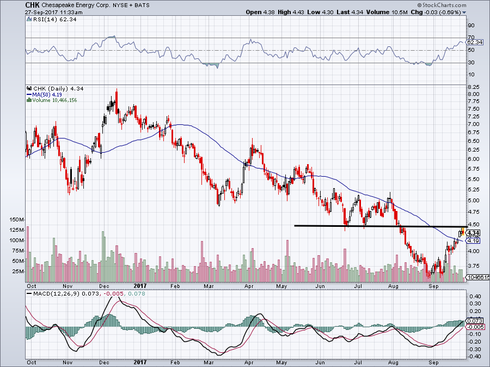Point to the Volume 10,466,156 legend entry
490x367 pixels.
click(x=54, y=100)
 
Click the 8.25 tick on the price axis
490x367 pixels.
click(x=474, y=87)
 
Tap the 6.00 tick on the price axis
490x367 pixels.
click(x=474, y=159)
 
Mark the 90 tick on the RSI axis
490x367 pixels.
click(x=471, y=25)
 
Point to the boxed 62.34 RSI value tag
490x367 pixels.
click(x=475, y=42)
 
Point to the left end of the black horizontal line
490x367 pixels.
click(x=295, y=225)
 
